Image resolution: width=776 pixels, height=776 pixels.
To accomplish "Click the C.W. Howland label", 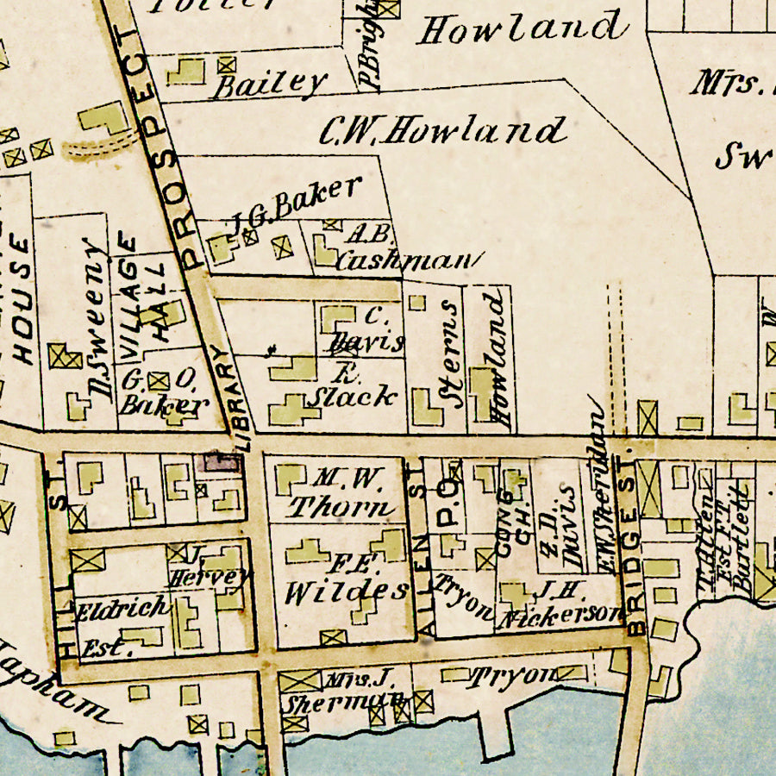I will click(442, 132).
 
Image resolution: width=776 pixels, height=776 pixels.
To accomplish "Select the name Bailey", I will click(271, 84).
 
